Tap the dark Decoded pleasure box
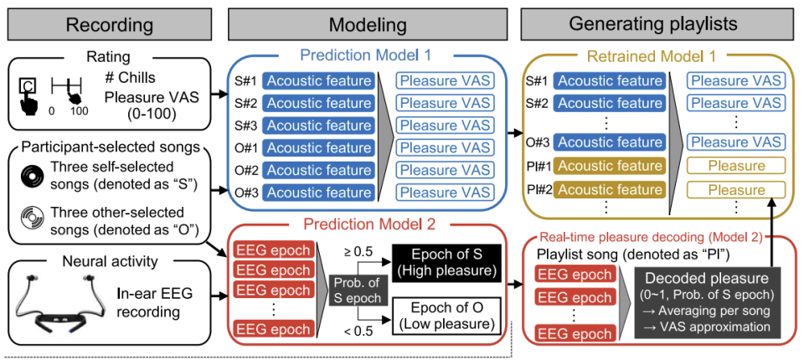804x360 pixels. (x=703, y=300)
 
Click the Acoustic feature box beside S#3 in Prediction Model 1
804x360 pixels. (x=318, y=126)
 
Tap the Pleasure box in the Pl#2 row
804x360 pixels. (x=736, y=189)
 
